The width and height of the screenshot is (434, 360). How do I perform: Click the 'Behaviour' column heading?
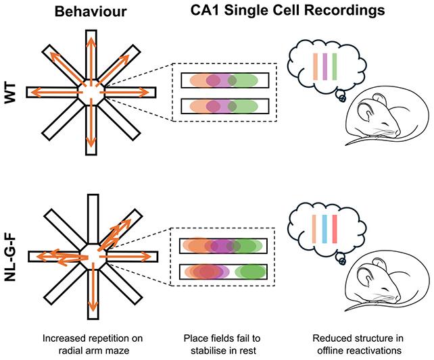click(91, 11)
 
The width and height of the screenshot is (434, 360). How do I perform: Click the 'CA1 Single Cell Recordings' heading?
click(287, 11)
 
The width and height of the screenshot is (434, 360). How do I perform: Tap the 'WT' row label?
click(10, 93)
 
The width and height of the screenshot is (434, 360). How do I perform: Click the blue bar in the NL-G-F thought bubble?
click(324, 229)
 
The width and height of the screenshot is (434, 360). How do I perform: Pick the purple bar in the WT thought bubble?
click(324, 67)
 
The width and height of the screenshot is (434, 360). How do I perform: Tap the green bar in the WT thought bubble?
click(335, 67)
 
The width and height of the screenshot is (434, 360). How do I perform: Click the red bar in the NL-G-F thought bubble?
click(335, 229)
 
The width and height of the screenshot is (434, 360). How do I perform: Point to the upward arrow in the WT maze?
click(91, 59)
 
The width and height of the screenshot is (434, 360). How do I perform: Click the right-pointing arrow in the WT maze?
click(126, 93)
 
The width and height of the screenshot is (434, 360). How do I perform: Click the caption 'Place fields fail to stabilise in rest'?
click(222, 344)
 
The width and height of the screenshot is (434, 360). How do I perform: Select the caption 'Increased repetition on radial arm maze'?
click(93, 344)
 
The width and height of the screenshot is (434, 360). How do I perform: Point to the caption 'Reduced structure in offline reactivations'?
click(358, 344)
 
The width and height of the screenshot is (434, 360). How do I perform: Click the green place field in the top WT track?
click(243, 80)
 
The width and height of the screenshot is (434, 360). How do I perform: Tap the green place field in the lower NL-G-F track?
click(250, 272)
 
